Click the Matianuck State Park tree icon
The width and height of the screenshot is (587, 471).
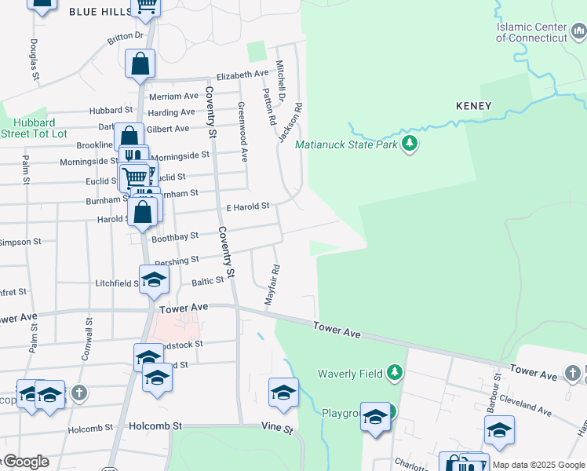tap(409, 144)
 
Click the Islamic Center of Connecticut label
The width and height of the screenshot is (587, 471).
tap(541, 33)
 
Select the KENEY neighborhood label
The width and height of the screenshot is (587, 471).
tap(473, 106)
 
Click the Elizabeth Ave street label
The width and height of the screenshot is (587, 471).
tap(242, 75)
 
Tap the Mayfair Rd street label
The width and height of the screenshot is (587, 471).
tap(273, 284)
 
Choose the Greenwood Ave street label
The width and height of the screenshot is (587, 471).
tap(242, 131)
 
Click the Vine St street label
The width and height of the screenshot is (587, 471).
tap(277, 430)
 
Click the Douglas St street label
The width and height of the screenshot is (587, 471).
tap(35, 60)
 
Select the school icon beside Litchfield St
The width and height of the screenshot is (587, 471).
tap(154, 279)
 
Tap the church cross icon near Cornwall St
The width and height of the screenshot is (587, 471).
tap(78, 392)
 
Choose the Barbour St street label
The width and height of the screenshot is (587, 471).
tap(496, 385)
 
